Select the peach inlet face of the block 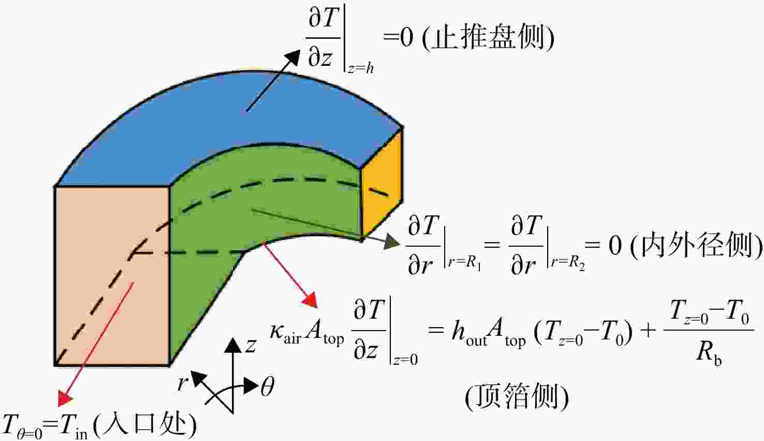(112, 276)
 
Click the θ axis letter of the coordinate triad (267, 387)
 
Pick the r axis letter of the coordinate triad (183, 383)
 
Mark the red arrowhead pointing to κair (311, 301)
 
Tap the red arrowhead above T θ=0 (65, 398)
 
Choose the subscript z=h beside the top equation (361, 68)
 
